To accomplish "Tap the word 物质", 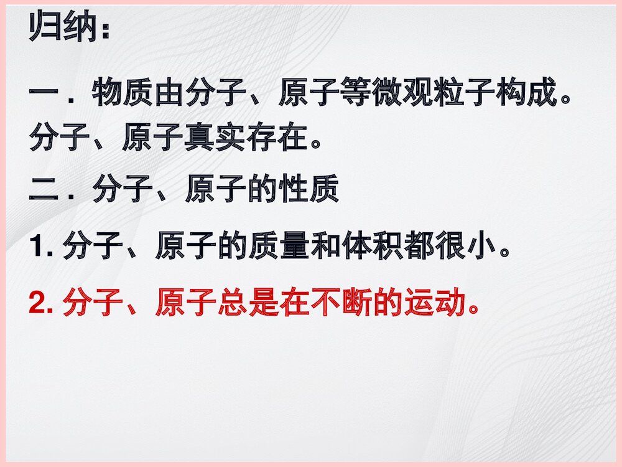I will click(x=122, y=95).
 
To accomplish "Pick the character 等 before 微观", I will click(x=355, y=95).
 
